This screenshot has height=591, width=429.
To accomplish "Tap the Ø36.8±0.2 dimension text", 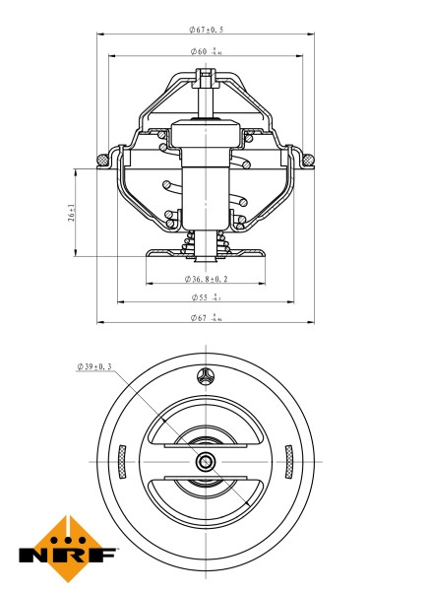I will pos(207,281).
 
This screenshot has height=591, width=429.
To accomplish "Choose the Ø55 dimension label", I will pos(204,296).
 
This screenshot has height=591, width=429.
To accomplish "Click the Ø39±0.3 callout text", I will pos(94,366).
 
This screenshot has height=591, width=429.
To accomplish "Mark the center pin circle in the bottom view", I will pos(205,461).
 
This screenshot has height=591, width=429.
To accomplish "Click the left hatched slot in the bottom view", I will pos(121,460).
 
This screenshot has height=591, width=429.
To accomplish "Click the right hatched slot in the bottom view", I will pos(288,460).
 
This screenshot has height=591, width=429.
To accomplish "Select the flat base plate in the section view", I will pos(205,255).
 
